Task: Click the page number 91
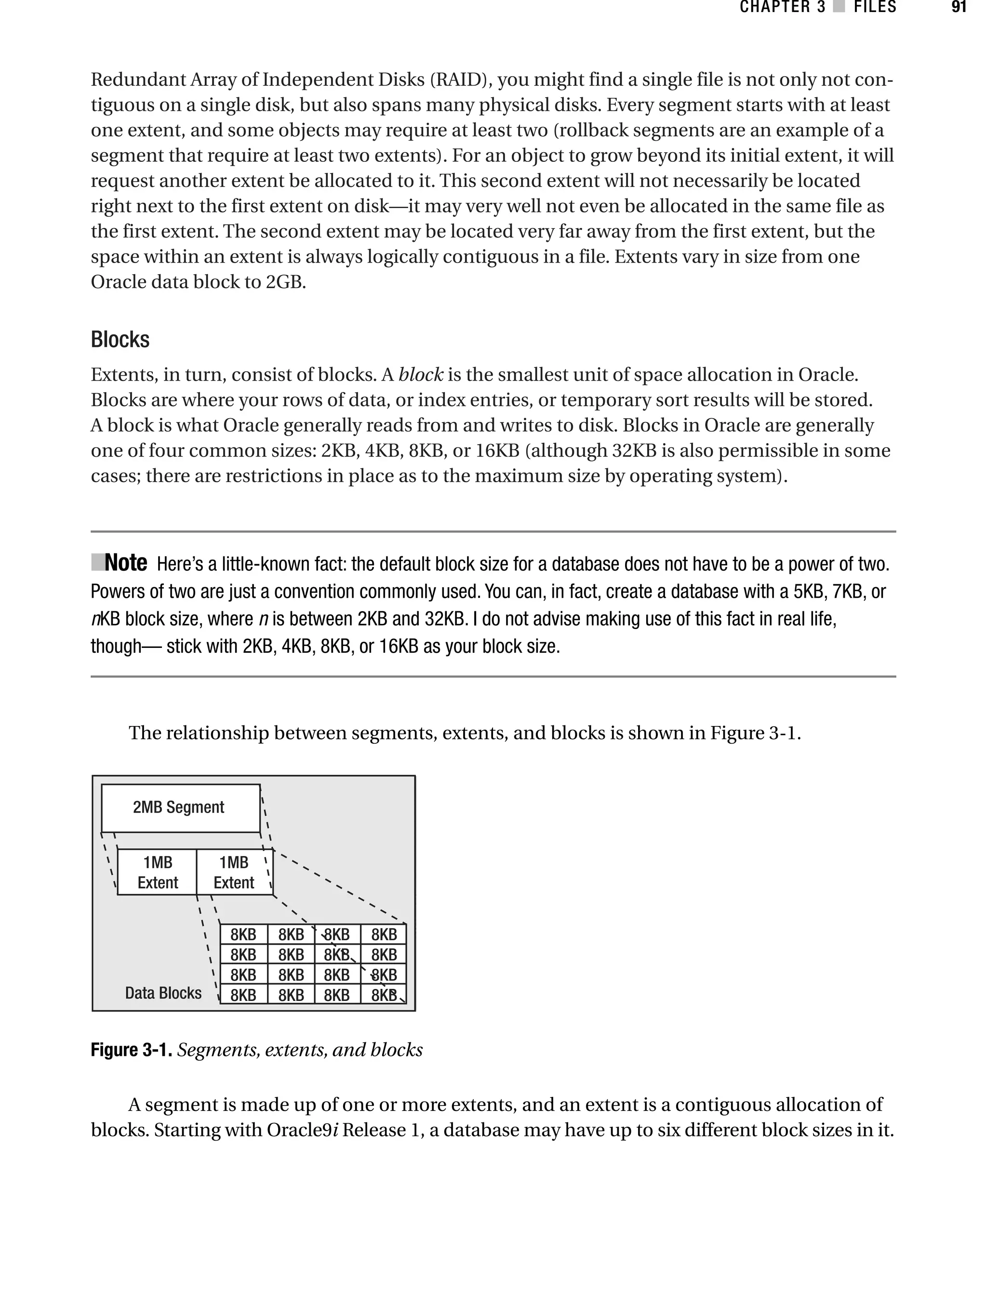point(958,7)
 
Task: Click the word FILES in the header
point(875,7)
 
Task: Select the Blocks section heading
point(120,340)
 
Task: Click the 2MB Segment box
point(180,807)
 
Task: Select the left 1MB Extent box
point(158,872)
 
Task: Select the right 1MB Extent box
point(234,872)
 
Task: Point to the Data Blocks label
point(163,993)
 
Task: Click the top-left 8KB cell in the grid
point(243,934)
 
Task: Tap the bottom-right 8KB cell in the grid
point(384,995)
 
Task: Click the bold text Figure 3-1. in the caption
point(131,1050)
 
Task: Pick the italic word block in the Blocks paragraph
point(421,375)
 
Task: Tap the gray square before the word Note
point(97,562)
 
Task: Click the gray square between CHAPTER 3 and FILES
point(840,7)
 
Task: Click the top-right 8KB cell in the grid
point(384,934)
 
